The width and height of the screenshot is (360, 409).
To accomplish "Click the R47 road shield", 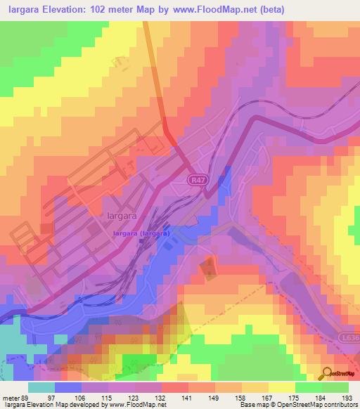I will click(x=198, y=181).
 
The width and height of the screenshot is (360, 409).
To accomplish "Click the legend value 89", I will click(x=26, y=397).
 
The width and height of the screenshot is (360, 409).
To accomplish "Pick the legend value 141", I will click(x=186, y=397).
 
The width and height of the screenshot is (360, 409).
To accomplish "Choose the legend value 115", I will click(x=106, y=397).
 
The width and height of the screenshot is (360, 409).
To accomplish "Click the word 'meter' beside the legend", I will click(x=11, y=397).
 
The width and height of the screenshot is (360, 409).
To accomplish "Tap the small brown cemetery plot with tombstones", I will click(x=209, y=268).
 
